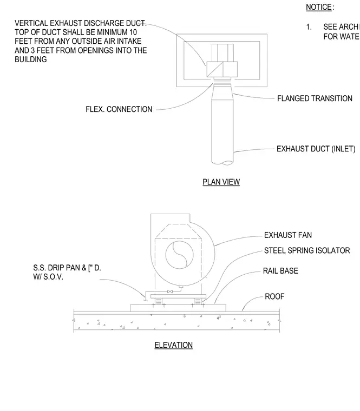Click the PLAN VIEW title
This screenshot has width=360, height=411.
pos(221,182)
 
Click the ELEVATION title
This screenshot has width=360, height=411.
pos(173,345)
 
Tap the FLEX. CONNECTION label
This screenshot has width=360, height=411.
pos(119,109)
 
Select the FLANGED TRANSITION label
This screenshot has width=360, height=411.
pos(315,98)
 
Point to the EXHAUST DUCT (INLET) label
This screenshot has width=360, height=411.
pos(316,149)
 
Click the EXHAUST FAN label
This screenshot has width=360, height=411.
pos(288,235)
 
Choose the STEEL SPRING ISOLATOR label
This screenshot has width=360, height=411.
pos(307,250)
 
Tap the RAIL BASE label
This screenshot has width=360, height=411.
pos(280,271)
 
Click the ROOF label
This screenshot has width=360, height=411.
pos(274,296)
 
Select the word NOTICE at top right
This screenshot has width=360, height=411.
pos(319,7)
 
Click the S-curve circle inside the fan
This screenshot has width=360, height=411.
pos(180,255)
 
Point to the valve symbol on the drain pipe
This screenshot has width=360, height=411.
pos(170,291)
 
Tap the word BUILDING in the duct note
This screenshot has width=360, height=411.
pos(31,59)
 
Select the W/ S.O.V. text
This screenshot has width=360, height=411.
pos(48,277)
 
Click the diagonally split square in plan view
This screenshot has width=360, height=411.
pos(214,69)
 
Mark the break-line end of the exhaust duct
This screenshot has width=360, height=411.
pos(222,163)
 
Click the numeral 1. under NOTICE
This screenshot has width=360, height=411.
pos(309,26)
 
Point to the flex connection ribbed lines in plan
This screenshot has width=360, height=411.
pos(222,83)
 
